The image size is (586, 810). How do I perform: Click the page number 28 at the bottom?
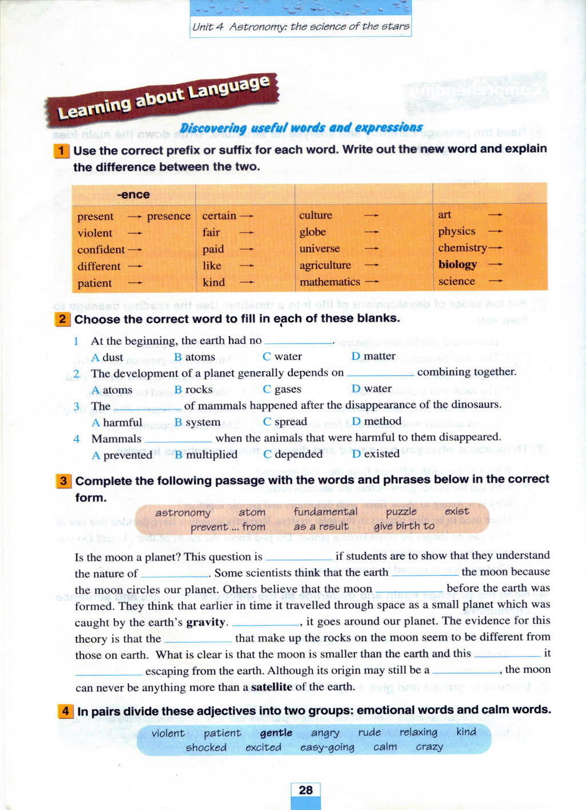point(306,791)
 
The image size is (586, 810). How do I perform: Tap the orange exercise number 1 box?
point(61,151)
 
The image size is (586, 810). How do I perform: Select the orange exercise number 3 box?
point(63,481)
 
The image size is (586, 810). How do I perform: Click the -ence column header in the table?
point(133,195)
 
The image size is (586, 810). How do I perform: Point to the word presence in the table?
point(168,216)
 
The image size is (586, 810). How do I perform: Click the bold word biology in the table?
point(457,264)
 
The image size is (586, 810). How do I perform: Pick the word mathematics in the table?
point(330,282)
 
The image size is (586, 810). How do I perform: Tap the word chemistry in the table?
point(462,248)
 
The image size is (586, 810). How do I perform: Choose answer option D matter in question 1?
point(373,356)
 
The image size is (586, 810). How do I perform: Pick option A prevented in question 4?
point(122,455)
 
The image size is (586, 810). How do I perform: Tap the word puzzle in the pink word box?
point(401,512)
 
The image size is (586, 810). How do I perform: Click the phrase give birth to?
point(404,526)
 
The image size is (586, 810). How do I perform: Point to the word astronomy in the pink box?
point(183,513)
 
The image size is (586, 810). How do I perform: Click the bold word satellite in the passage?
point(271,687)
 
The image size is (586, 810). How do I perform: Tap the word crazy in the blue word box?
point(429,747)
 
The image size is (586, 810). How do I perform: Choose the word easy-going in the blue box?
point(327,748)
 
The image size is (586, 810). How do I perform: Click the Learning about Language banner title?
point(163,98)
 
